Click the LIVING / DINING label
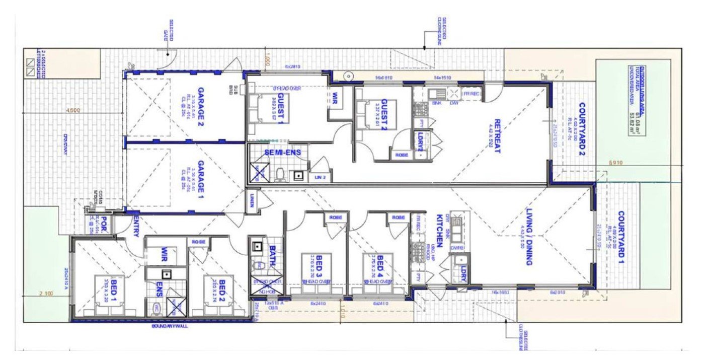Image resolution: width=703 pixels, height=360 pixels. (529, 236)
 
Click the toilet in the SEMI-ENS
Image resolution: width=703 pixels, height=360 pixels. (280, 174)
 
